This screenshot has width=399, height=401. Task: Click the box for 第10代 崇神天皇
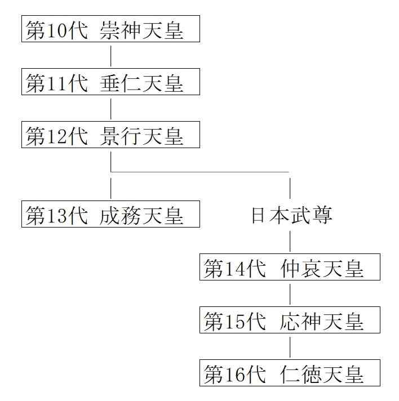click(110, 29)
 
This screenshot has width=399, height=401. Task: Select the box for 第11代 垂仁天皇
click(110, 83)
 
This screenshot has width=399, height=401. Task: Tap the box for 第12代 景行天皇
click(110, 136)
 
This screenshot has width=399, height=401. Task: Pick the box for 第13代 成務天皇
click(110, 215)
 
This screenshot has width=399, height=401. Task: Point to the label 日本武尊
click(291, 215)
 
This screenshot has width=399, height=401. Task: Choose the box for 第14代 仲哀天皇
click(290, 268)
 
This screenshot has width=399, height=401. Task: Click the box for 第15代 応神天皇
click(290, 320)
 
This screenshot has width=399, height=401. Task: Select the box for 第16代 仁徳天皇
click(290, 373)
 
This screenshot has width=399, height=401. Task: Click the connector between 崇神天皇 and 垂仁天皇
click(111, 56)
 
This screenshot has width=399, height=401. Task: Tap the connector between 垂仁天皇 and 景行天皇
click(111, 109)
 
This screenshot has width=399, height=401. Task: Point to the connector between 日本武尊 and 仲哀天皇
click(290, 240)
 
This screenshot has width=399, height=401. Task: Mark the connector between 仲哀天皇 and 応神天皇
click(290, 294)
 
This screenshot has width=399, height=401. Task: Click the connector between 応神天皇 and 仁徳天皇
click(290, 347)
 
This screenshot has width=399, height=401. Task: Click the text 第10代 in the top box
click(56, 30)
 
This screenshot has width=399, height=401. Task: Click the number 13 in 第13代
click(57, 215)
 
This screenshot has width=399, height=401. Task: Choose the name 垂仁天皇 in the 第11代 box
click(142, 83)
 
